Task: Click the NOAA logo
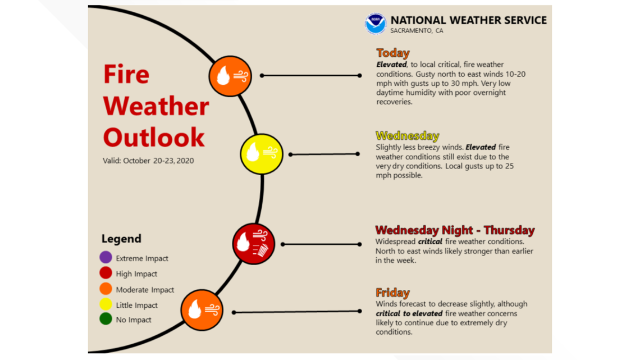coord(375,24)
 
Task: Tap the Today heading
coord(393,53)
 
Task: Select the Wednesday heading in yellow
coord(407,136)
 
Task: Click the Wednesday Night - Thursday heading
coord(455,230)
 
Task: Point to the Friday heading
coord(392,293)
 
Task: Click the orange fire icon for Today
coord(230,76)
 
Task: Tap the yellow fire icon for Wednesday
coord(261,154)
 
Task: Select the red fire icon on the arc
coord(254,243)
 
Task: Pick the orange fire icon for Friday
coord(202,310)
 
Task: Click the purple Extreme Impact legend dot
coord(106,258)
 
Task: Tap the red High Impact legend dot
coord(106,274)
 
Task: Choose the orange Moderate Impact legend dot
coord(106,289)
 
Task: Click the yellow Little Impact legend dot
coord(106,305)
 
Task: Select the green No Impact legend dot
coord(106,320)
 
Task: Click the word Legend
coord(121,239)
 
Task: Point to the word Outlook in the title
coord(154,138)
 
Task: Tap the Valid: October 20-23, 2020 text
coord(148,161)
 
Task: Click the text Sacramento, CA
coord(417,31)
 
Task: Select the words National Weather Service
coord(468,20)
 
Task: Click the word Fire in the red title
coord(126,74)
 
